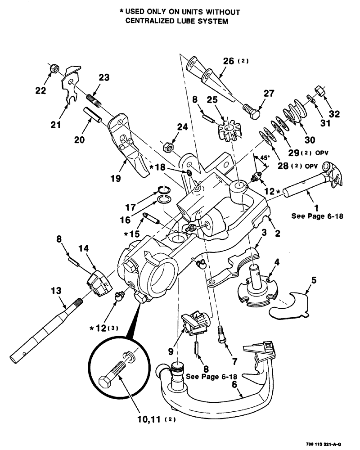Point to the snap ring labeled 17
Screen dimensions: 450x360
pos(165,189)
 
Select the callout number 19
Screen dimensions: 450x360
pos(116,178)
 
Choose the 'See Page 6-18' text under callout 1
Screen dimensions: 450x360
pos(317,216)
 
